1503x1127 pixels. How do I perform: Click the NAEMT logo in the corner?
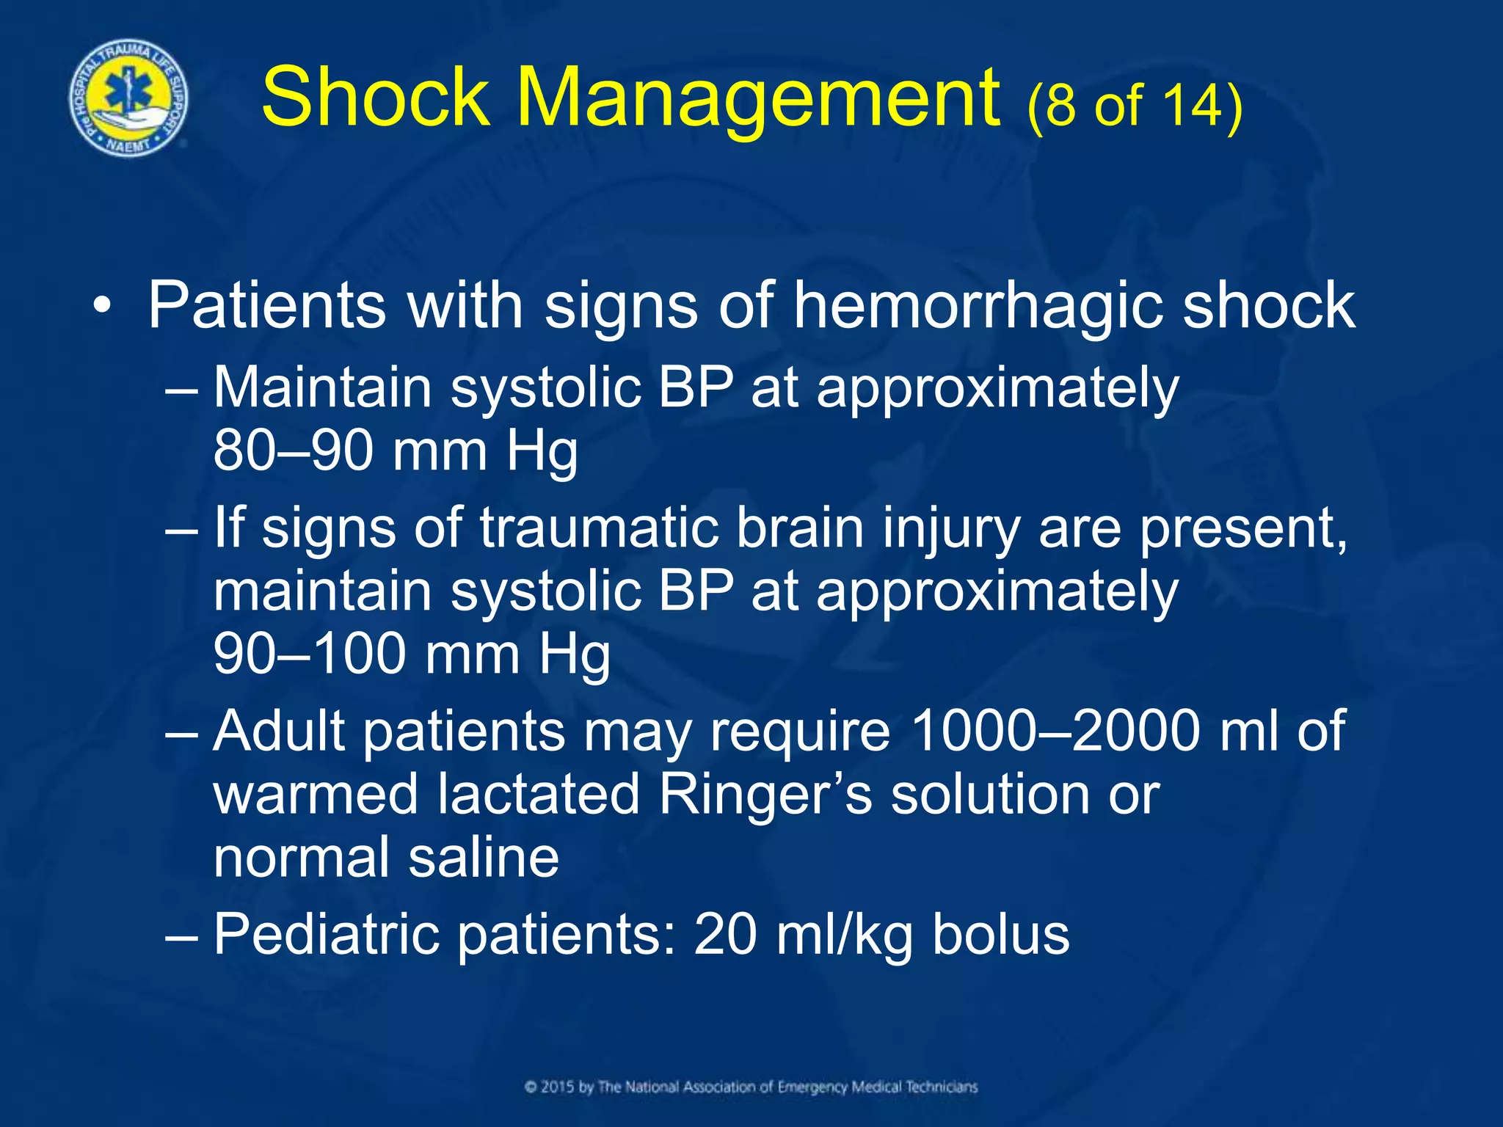(x=128, y=98)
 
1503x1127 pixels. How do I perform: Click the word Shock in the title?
(x=375, y=98)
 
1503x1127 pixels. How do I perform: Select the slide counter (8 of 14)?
(x=1135, y=106)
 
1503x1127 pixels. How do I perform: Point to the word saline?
(x=484, y=858)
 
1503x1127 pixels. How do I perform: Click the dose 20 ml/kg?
(x=803, y=935)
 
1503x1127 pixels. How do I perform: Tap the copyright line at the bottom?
(x=751, y=1087)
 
